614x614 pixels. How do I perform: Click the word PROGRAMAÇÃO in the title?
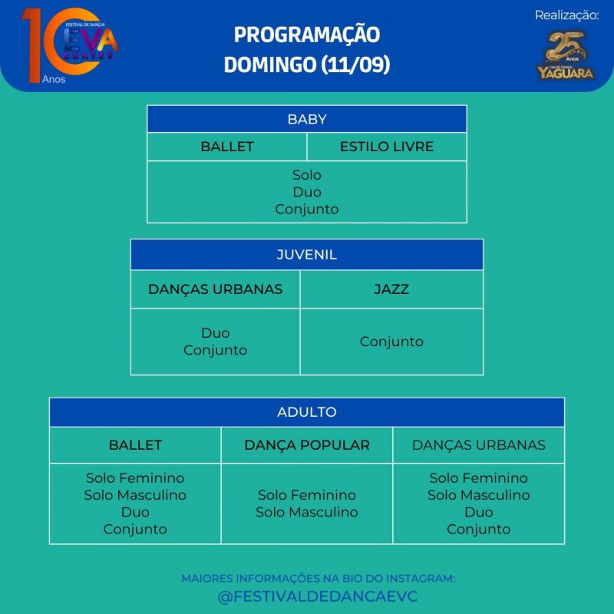pos(307,35)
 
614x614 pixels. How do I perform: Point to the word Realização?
pos(566,15)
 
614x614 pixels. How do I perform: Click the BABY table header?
pos(307,119)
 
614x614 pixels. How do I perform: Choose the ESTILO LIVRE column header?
pos(387,147)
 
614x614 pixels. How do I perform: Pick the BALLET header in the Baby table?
pos(227,147)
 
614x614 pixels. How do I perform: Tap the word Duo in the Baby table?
pos(307,192)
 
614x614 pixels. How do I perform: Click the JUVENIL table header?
pos(307,255)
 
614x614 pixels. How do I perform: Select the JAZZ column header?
pos(391,289)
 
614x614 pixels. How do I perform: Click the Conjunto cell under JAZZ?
pos(391,342)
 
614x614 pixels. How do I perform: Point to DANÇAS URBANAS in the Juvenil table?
pos(215,289)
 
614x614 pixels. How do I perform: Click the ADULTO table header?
pos(307,412)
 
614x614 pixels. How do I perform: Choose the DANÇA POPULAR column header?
pos(307,445)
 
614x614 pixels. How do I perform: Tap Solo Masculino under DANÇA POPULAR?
pos(307,512)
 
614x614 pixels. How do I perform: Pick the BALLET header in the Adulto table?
pos(135,445)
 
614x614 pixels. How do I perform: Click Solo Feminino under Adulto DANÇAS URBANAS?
pos(479,478)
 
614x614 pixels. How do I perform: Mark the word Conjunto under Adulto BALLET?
pos(135,529)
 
